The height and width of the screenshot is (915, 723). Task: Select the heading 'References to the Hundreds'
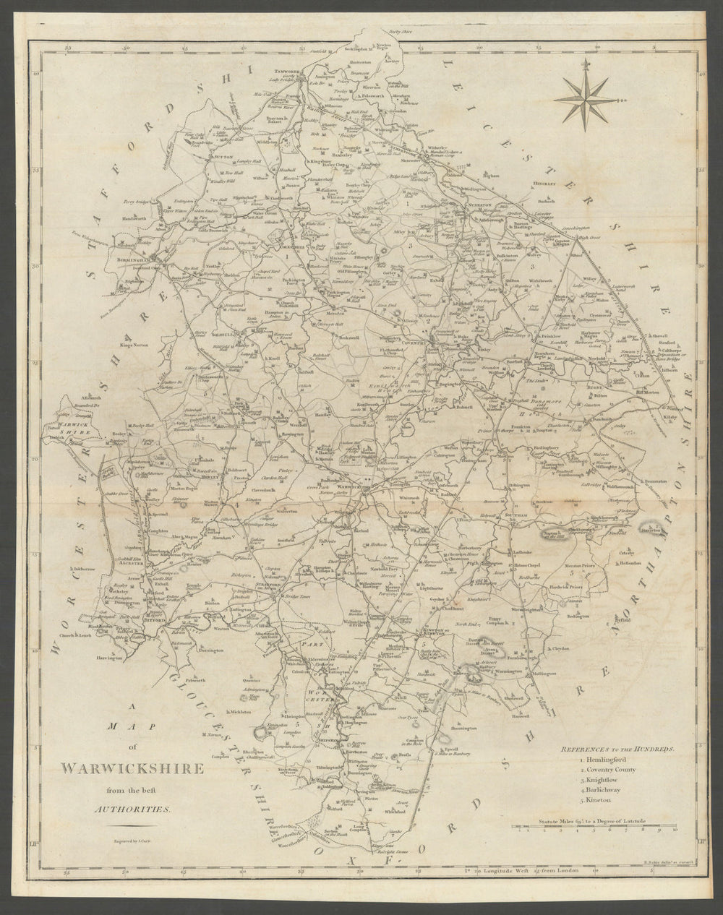[x=617, y=749]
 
